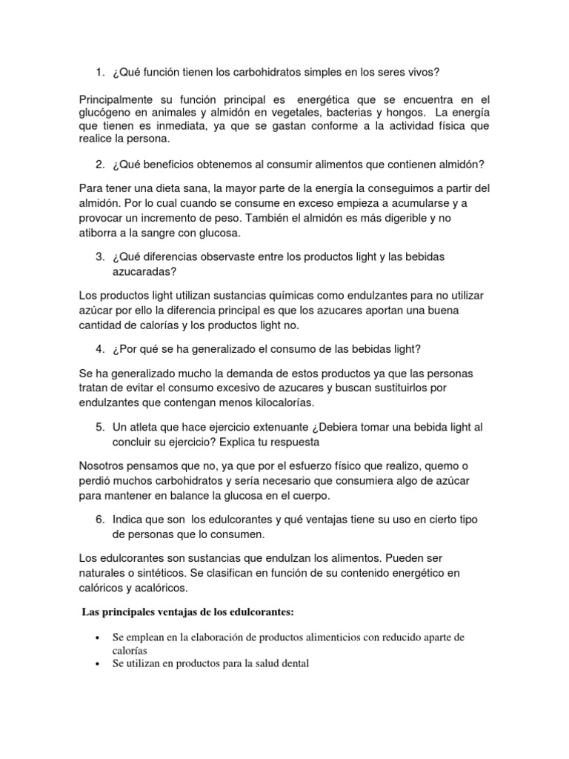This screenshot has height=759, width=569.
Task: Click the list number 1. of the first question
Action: coord(100,72)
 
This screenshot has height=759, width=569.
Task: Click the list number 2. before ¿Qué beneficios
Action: coord(100,164)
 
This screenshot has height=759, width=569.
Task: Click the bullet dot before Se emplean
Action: coord(99,637)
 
